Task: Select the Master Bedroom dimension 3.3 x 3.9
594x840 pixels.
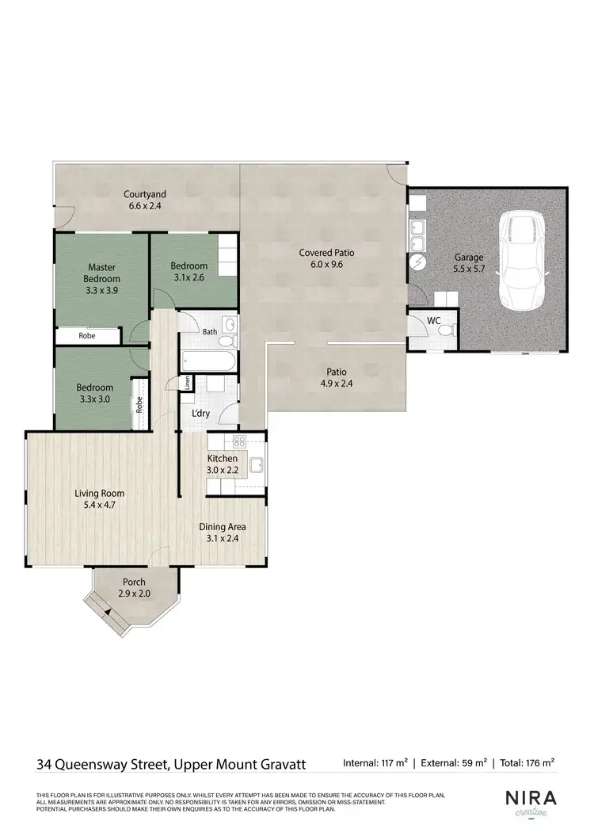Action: (104, 290)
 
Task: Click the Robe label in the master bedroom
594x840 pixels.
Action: (87, 336)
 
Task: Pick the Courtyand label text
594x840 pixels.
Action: (144, 194)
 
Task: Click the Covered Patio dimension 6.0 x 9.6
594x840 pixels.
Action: (326, 265)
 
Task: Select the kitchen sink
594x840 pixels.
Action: (257, 466)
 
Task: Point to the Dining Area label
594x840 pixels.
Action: (222, 527)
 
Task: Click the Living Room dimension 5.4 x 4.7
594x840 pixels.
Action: (99, 504)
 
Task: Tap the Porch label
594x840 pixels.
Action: (134, 582)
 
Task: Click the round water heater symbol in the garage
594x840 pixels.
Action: (417, 262)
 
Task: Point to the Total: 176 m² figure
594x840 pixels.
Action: (527, 763)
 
